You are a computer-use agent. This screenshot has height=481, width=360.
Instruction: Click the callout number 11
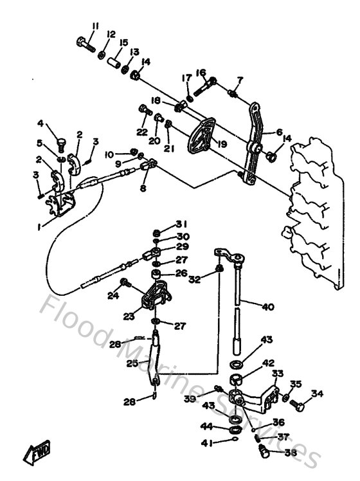pos(95,26)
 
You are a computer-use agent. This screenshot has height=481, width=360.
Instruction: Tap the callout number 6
pos(279,132)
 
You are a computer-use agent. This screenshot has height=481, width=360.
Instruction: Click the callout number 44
pos(207,427)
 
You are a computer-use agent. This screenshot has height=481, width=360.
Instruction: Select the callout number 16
pos(201,73)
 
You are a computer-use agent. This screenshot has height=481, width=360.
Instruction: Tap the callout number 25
pos(133,364)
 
